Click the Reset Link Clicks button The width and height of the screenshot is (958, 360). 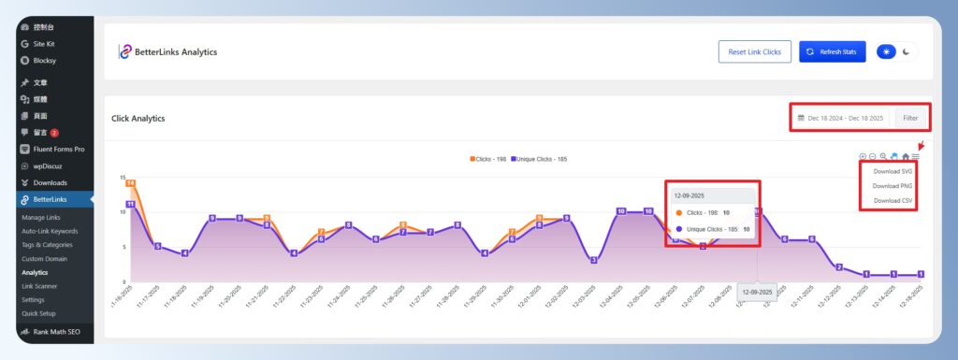[755, 52]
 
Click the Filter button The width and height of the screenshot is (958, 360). [911, 119]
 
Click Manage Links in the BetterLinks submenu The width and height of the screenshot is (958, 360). [42, 217]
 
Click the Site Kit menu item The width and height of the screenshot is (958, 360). [49, 44]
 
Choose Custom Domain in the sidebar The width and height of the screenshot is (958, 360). [44, 258]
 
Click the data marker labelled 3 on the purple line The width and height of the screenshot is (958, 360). [593, 260]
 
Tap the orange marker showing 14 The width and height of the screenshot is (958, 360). [130, 183]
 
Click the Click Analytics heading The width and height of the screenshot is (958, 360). [138, 119]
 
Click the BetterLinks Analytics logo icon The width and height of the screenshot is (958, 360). [124, 52]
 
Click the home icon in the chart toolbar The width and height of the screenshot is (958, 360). [905, 156]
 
